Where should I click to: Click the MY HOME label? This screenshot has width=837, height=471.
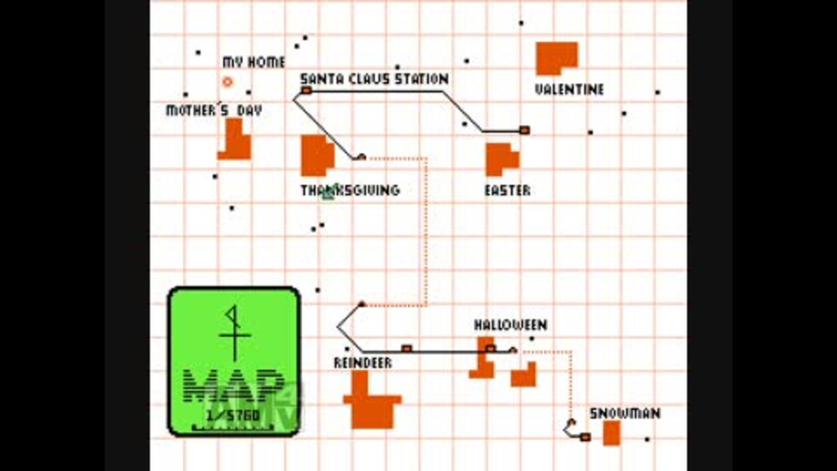click(254, 63)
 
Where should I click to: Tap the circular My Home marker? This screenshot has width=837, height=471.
click(228, 82)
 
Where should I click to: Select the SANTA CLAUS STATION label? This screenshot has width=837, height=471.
click(375, 79)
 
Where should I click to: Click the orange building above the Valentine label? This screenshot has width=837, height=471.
click(555, 58)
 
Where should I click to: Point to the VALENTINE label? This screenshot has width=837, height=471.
click(569, 90)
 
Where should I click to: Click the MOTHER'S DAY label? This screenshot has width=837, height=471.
click(214, 111)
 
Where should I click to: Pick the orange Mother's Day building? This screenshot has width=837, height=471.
click(235, 142)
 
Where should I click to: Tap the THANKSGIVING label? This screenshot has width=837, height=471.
click(350, 190)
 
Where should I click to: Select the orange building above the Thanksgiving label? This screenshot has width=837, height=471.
click(316, 155)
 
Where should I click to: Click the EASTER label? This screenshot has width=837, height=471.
click(507, 190)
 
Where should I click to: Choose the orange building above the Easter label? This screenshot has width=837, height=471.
click(500, 158)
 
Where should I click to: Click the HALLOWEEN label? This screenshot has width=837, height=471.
click(511, 325)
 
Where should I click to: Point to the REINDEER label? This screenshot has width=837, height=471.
click(363, 363)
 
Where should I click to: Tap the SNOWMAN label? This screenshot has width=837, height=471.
click(625, 413)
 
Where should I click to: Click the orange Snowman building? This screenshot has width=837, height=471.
click(612, 433)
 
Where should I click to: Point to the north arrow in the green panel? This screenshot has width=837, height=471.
click(233, 331)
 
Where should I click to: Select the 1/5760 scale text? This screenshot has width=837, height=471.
click(235, 416)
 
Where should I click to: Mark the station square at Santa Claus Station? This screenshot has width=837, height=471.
click(306, 90)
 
